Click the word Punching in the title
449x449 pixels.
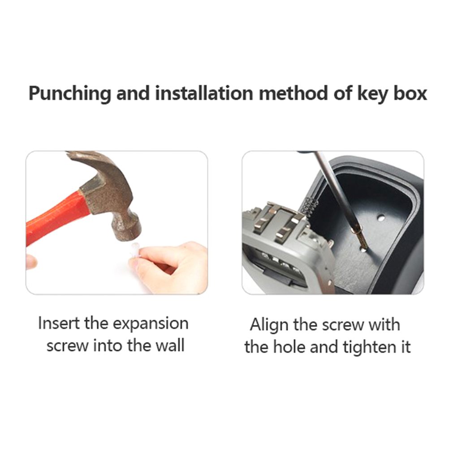[69, 94]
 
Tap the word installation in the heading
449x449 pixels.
[204, 93]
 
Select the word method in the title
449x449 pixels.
[293, 93]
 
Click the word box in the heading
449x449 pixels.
[410, 93]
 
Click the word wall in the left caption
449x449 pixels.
[170, 345]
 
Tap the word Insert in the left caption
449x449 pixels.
[59, 323]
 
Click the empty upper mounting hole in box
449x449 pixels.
[380, 218]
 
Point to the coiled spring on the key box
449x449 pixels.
[310, 204]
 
